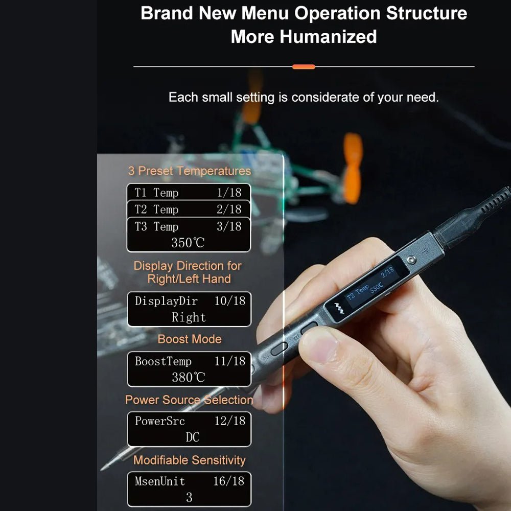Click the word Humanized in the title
[x=328, y=36]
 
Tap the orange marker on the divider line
[x=304, y=67]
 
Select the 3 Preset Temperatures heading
[x=190, y=171]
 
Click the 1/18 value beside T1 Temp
[x=229, y=193]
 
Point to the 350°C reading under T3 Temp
[x=188, y=243]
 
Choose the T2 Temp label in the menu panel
[x=156, y=210]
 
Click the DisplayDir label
[x=166, y=301]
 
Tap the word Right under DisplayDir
[x=189, y=317]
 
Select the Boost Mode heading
[x=190, y=339]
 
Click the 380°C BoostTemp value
[x=189, y=378]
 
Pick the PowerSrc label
[x=160, y=421]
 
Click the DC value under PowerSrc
[x=192, y=437]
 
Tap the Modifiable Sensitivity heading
[x=190, y=460]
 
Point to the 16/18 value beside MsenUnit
[x=229, y=481]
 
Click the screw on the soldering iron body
[x=411, y=260]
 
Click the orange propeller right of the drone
[x=352, y=168]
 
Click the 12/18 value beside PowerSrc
[x=230, y=421]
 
